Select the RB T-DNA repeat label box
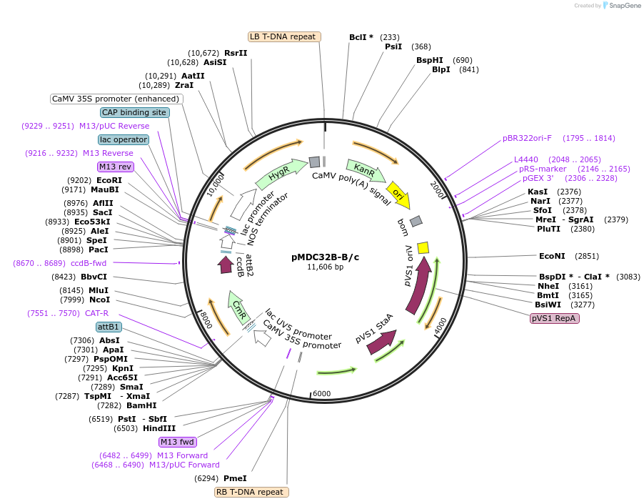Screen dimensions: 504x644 (252, 492)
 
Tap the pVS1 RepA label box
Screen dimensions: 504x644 (554, 318)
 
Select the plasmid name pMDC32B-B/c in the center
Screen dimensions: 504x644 (325, 257)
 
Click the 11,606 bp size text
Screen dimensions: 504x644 (325, 267)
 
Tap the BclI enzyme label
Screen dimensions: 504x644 (361, 37)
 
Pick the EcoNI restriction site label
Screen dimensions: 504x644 (552, 256)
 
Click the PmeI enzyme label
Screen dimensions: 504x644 (235, 478)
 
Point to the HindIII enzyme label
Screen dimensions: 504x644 (159, 428)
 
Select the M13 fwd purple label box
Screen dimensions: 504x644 (177, 442)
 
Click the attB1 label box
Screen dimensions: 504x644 (109, 327)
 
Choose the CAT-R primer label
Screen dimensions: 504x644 (96, 313)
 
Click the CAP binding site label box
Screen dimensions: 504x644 (134, 112)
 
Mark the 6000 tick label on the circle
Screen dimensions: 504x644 (322, 394)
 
